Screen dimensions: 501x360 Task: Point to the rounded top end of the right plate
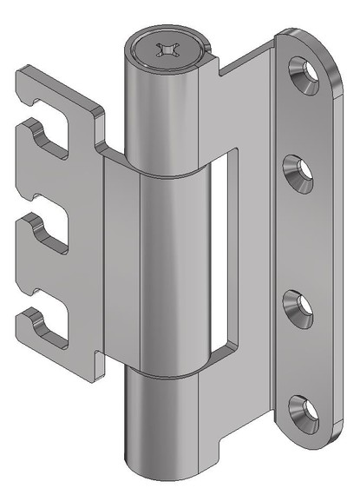tap(308, 43)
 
